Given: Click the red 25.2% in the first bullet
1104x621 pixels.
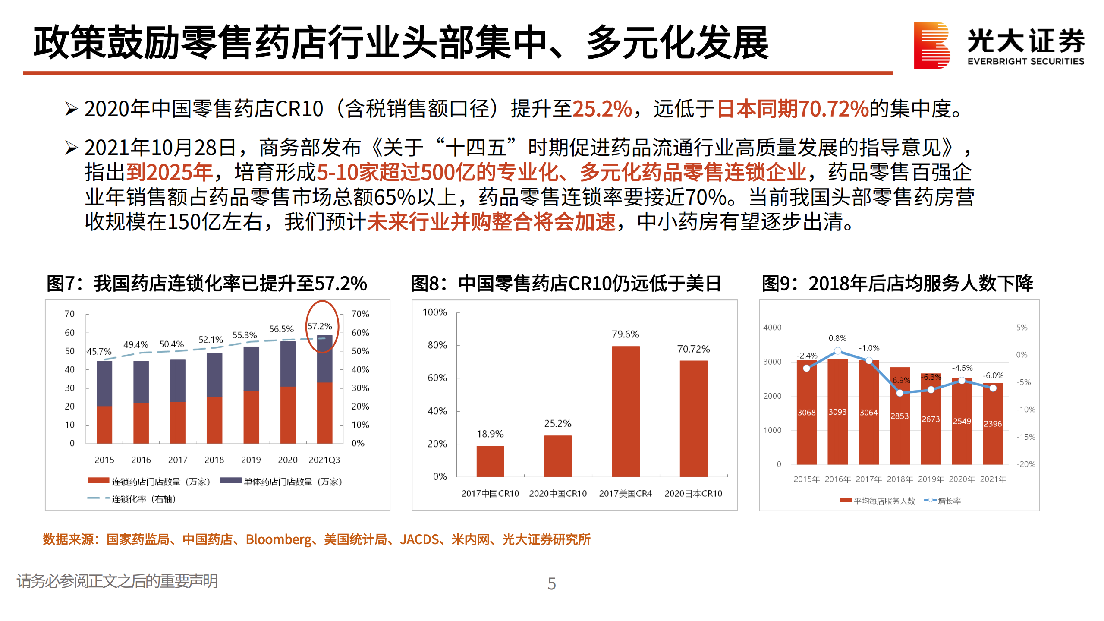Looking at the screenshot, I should (x=602, y=109).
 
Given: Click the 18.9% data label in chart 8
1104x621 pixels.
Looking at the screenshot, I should (x=490, y=434).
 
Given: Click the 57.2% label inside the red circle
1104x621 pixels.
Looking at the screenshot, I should (x=320, y=326).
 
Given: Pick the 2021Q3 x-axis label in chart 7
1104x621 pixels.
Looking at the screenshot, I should (x=324, y=460).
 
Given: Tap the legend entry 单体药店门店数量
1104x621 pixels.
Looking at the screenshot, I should (x=281, y=482).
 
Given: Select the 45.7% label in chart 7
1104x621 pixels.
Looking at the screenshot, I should (x=99, y=352).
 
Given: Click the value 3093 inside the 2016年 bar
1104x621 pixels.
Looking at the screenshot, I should (x=837, y=412).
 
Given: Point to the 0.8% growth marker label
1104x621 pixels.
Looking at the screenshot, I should (x=837, y=338).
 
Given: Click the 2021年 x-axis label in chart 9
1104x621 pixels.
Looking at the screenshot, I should (x=993, y=479).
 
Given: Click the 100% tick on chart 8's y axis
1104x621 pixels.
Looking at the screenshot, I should (x=434, y=312).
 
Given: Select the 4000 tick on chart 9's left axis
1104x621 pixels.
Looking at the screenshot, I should (x=772, y=328).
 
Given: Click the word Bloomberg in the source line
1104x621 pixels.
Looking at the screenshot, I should (x=278, y=539).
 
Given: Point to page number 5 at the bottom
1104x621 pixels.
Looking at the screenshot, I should (x=551, y=584).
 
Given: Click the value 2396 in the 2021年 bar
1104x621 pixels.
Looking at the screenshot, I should (x=992, y=424).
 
